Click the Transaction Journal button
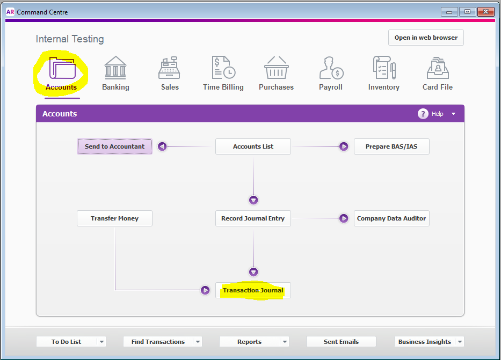pos(253,290)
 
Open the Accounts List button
pos(253,146)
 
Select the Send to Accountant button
pos(114,146)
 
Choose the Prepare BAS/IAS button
pos(391,146)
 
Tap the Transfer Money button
pos(114,218)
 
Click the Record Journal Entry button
pos(253,218)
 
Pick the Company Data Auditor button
pos(391,218)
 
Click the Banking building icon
pos(115,68)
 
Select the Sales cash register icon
pos(169,68)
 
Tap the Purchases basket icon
pos(277,68)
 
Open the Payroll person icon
pos(331,68)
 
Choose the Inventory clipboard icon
pos(384,68)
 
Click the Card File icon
pos(438,68)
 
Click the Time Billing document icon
pos(224,68)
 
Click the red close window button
pos(485,12)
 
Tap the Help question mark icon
pos(423,114)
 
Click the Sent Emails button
pos(341,341)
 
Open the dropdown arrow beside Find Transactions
pos(198,341)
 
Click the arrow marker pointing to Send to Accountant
pos(162,146)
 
